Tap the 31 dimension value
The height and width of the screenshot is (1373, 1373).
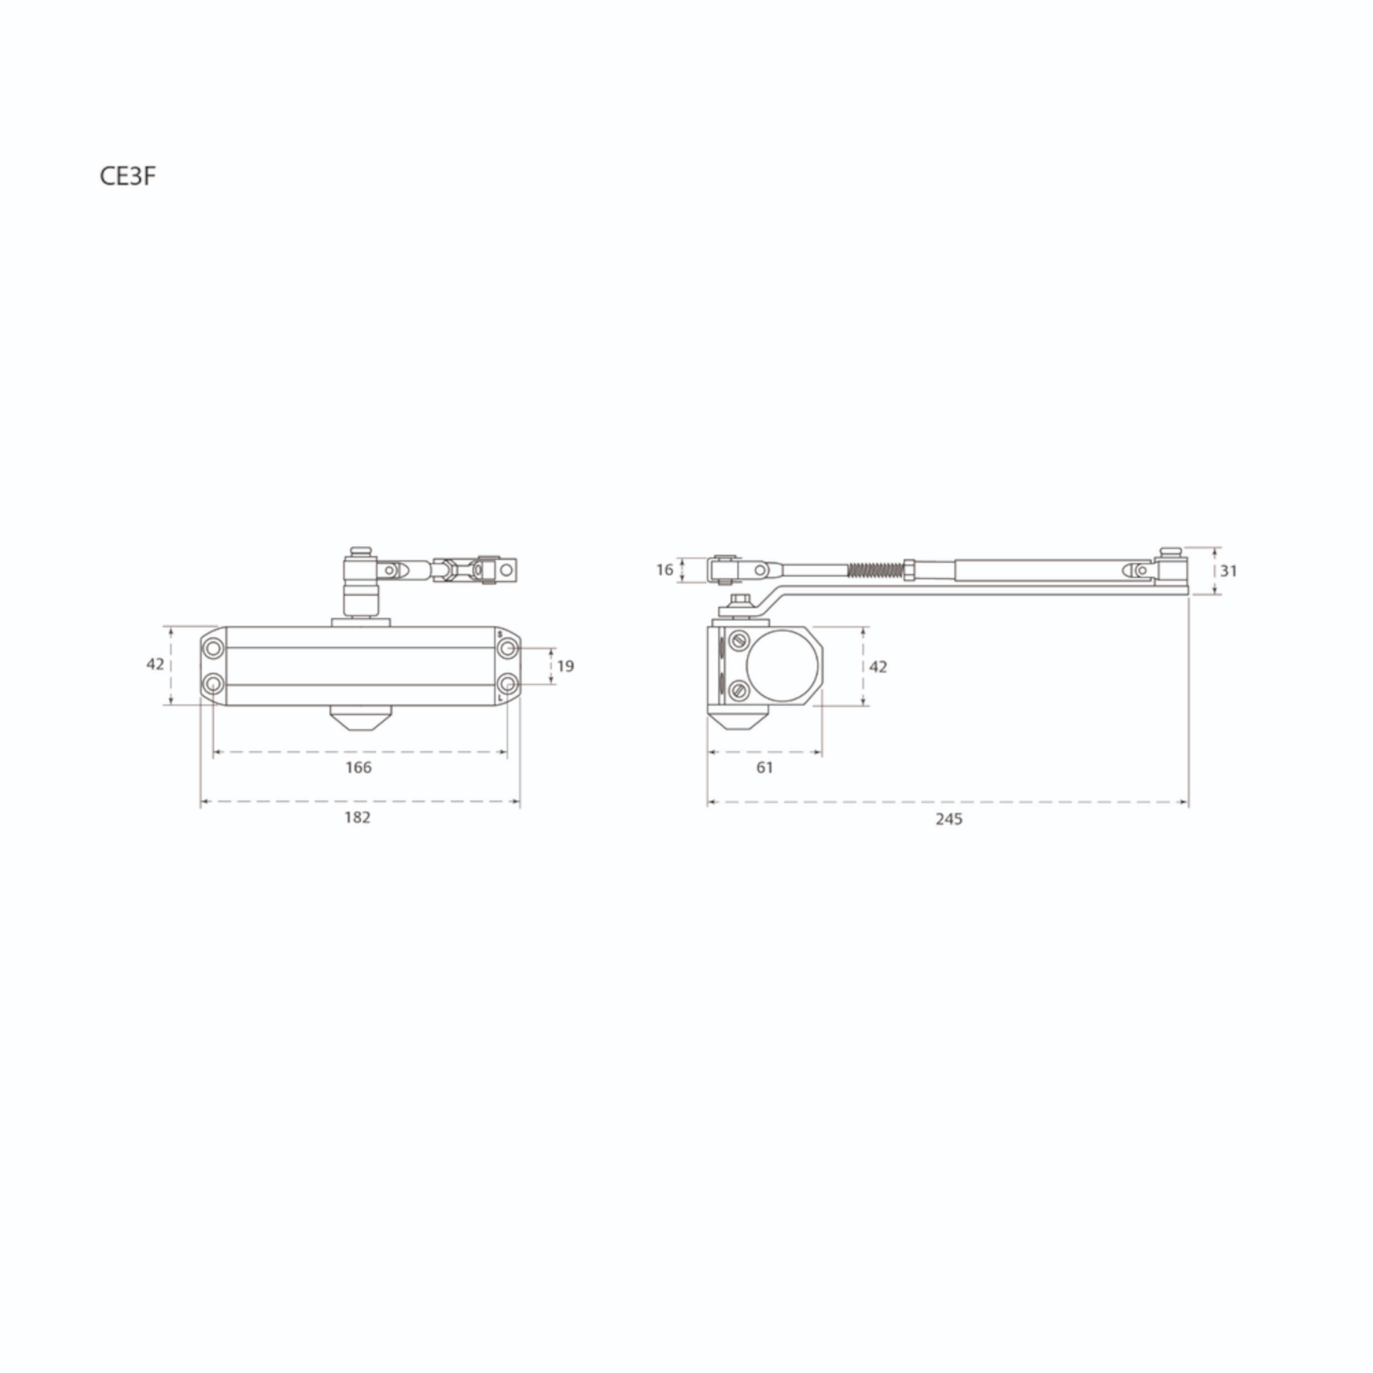point(1229,571)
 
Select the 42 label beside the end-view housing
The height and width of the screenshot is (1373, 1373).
point(878,667)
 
